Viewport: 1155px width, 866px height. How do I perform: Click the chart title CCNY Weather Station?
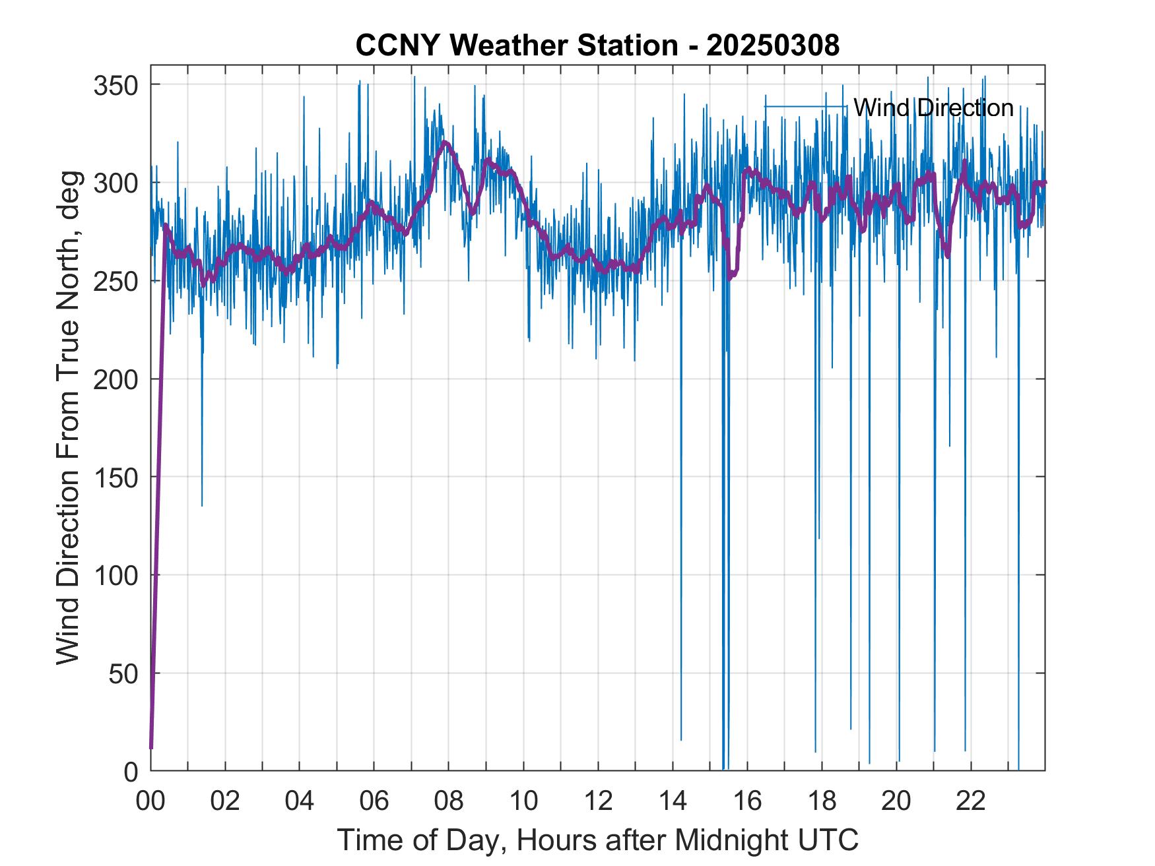597,46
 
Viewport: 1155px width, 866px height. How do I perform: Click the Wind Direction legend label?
933,108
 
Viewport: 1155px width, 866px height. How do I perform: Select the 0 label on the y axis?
131,771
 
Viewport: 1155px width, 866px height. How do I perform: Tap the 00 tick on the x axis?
150,801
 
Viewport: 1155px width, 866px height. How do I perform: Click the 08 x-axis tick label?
449,801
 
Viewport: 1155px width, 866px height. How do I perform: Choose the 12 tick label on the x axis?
598,801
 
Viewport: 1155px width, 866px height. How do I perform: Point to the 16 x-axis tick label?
747,801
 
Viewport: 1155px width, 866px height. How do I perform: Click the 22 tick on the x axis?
971,801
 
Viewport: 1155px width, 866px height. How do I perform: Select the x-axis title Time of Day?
597,840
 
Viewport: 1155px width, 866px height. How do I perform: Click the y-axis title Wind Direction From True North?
68,418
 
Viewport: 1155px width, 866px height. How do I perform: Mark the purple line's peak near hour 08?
446,142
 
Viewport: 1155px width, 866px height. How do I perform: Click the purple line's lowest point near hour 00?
151,747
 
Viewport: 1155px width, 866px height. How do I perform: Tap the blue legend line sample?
805,107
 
